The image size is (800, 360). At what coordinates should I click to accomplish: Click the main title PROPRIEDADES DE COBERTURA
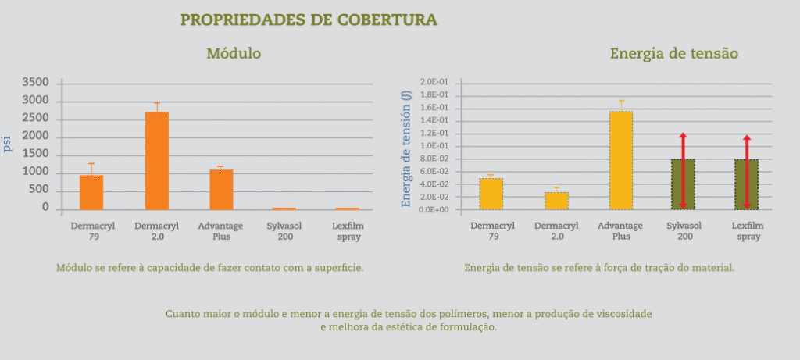click(x=309, y=20)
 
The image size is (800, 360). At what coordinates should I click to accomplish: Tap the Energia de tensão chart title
click(x=674, y=54)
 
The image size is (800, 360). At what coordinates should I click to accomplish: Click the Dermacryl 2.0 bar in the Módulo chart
click(x=156, y=161)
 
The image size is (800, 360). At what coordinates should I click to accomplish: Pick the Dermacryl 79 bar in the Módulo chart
click(x=91, y=192)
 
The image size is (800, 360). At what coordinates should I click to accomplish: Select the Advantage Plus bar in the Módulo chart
click(x=221, y=189)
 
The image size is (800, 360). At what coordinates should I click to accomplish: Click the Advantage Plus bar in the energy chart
click(x=621, y=160)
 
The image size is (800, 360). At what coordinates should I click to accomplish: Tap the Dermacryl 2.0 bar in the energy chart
click(x=556, y=201)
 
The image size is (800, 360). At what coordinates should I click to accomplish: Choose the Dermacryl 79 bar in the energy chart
click(x=491, y=194)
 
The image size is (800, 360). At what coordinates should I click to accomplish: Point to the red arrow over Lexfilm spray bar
click(x=747, y=172)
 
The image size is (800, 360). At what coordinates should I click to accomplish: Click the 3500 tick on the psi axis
click(x=35, y=82)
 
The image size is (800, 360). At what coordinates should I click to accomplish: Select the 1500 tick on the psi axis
click(x=35, y=154)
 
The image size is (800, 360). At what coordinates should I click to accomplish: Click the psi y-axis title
click(x=8, y=144)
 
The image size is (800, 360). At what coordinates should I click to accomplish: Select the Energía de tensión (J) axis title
click(x=405, y=148)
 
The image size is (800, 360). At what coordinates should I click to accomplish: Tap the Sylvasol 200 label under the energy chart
click(x=682, y=231)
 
